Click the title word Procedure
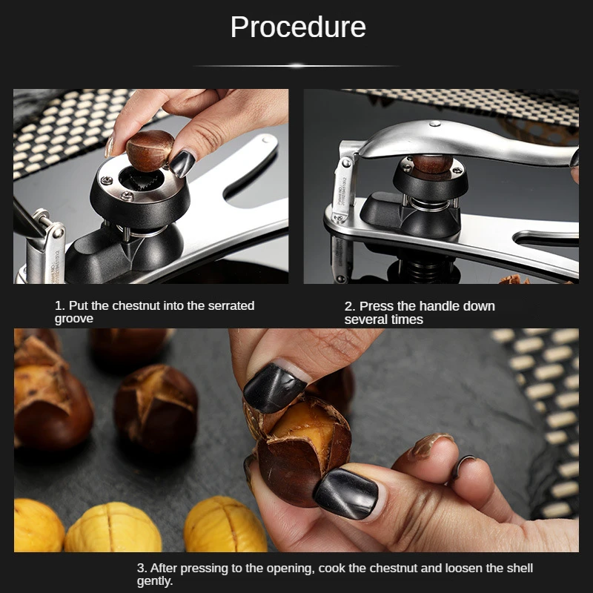tap(297, 27)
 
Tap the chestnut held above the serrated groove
tap(150, 149)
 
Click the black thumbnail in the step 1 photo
tap(182, 163)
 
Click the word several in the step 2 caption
tap(366, 319)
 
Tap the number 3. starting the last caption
tap(142, 569)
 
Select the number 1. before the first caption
tap(59, 306)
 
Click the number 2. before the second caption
tap(349, 306)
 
